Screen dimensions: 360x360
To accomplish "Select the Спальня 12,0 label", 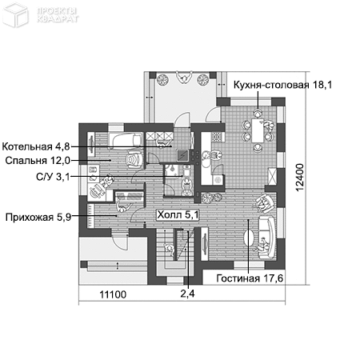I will point(35,161).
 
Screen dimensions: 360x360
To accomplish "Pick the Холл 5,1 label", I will point(177,214).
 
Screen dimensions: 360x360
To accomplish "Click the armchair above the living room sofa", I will point(262,203).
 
